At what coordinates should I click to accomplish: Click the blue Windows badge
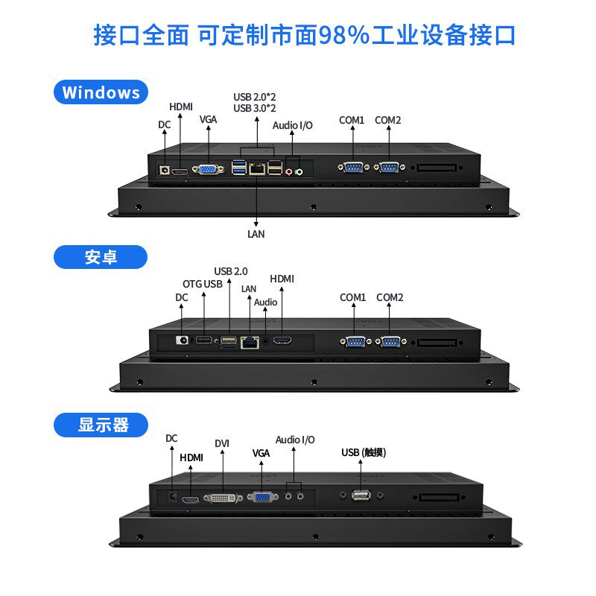(x=101, y=92)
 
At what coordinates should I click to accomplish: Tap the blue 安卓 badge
(x=101, y=257)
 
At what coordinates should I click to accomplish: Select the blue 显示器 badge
(x=101, y=425)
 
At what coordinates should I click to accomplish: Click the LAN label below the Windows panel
(x=256, y=234)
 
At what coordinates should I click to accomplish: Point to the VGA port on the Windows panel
(x=208, y=169)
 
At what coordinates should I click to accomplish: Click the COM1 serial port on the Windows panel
(x=353, y=167)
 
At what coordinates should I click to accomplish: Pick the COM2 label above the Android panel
(x=390, y=297)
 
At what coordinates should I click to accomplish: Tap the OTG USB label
(x=202, y=284)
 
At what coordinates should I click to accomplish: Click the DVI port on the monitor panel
(x=223, y=498)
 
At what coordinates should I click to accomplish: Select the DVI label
(x=222, y=443)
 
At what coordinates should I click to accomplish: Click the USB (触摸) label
(x=364, y=452)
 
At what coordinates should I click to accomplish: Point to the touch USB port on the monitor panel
(x=361, y=495)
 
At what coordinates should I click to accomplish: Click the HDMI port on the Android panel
(x=282, y=340)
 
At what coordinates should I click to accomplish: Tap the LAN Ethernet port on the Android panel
(x=250, y=343)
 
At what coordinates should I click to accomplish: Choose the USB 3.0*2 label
(x=255, y=108)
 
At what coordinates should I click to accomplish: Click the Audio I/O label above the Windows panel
(x=292, y=125)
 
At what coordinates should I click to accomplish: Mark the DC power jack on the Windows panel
(x=164, y=170)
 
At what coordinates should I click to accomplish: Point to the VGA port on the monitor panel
(x=263, y=496)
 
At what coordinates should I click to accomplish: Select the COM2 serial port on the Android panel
(x=390, y=342)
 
